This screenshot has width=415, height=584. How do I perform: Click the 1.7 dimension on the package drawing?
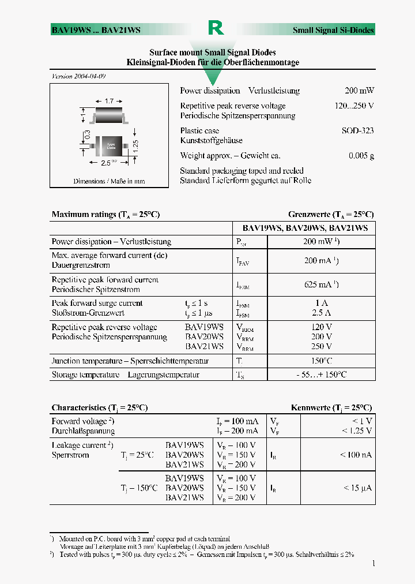109,101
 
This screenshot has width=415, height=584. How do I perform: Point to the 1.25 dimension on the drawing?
136,146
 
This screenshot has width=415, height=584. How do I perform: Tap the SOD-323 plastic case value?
357,131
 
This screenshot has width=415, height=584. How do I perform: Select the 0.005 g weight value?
361,156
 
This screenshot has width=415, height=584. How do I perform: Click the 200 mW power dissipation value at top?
359,91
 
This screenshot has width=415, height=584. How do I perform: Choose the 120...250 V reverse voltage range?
354,106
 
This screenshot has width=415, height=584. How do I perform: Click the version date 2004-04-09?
79,77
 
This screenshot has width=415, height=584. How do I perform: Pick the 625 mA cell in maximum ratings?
321,284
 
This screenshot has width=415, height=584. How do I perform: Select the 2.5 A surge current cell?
321,313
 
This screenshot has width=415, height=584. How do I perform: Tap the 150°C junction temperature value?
321,361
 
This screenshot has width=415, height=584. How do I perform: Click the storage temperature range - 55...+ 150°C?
321,375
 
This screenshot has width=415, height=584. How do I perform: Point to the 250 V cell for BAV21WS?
321,346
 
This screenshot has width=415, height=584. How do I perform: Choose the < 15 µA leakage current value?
357,488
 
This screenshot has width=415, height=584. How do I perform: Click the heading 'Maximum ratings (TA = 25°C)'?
105,215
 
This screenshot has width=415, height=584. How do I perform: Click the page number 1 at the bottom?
373,563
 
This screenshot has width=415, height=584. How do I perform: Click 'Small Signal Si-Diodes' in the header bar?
333,30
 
